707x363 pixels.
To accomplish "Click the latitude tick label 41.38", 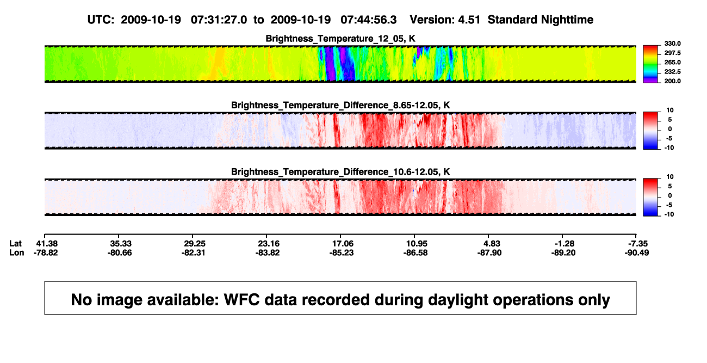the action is [x=47, y=244].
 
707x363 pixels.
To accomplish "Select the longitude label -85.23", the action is [x=342, y=253].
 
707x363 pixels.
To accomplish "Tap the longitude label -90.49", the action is [x=637, y=253].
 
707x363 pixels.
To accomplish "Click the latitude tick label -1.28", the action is [x=565, y=244].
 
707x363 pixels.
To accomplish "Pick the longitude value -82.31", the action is [x=193, y=253].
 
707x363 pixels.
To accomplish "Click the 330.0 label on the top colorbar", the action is [x=672, y=44].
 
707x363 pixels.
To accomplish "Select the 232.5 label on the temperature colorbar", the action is [x=672, y=72].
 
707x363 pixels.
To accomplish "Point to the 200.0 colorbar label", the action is [x=672, y=81].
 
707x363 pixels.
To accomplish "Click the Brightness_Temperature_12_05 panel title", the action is [x=340, y=39].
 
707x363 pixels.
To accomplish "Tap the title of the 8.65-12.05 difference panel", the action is [x=340, y=105].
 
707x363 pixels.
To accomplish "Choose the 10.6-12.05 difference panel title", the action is [x=340, y=172].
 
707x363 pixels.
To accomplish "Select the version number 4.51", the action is [x=469, y=20].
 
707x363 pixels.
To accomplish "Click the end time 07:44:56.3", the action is [x=369, y=20].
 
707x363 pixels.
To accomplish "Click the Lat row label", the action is [x=15, y=244].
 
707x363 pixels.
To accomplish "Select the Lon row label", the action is [x=17, y=253].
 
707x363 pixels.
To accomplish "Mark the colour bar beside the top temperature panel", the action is [x=650, y=64].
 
